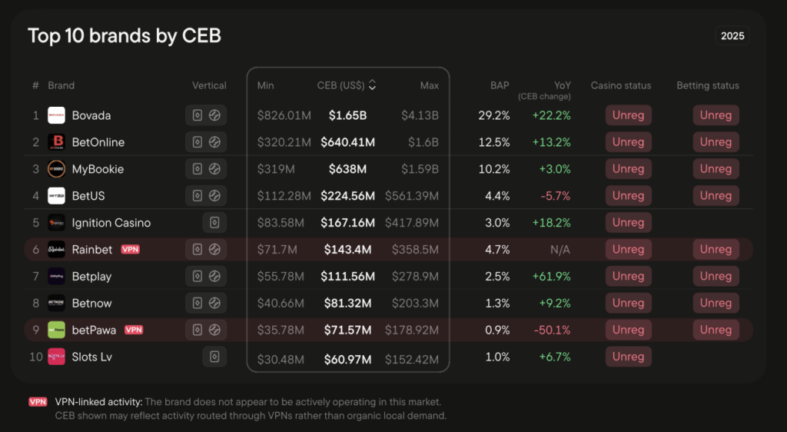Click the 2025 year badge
coord(732,36)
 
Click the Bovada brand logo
coord(56,115)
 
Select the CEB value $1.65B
coord(347,115)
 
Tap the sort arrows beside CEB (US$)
coord(372,85)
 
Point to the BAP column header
coord(500,85)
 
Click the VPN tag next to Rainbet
coord(130,250)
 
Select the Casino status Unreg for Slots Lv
coord(628,357)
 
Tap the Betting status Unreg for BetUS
coord(716,196)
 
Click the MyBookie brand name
coord(98,169)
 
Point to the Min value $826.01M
coord(284,115)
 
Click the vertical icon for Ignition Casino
coord(214,223)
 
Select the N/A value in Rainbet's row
coord(560,250)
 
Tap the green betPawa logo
coord(56,330)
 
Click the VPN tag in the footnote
coord(38,402)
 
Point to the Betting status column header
coord(707,85)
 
